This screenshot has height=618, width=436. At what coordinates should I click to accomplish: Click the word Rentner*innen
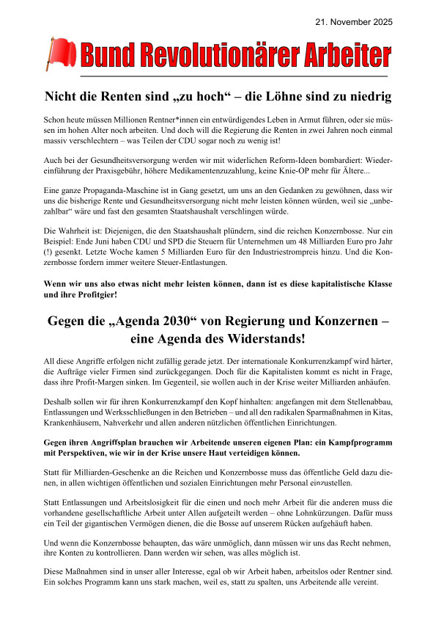[x=171, y=118]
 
